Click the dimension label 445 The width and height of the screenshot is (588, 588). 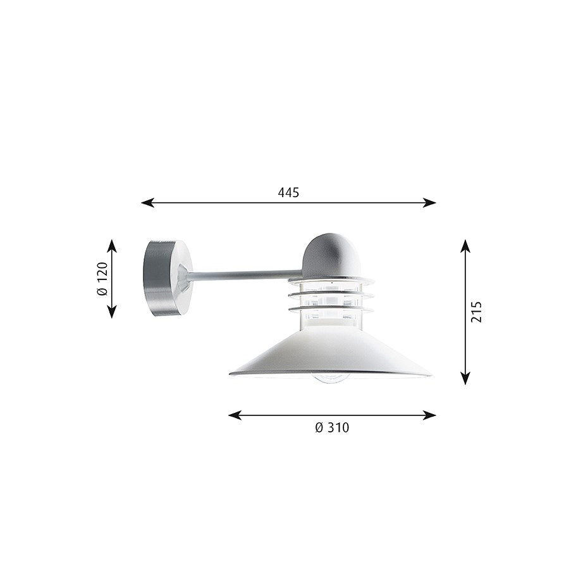(x=288, y=192)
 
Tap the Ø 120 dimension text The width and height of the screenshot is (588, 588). (x=102, y=279)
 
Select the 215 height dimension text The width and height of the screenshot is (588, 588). (x=476, y=312)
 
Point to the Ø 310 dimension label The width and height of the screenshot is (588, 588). (x=332, y=427)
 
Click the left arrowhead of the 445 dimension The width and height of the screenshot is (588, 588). (x=147, y=203)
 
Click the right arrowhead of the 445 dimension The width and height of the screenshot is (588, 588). (x=430, y=203)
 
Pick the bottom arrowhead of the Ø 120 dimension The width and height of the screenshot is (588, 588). (x=112, y=312)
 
